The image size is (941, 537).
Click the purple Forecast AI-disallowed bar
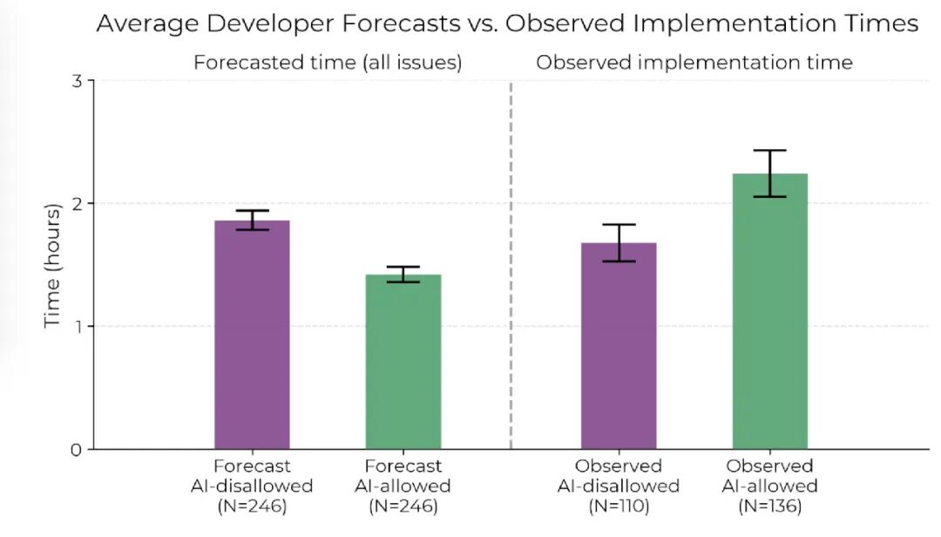tap(252, 335)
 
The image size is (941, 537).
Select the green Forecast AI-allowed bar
tap(403, 362)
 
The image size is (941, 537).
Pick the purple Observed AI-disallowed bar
tap(619, 346)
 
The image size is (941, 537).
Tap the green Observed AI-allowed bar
tap(770, 311)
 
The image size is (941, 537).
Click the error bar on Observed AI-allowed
tap(770, 173)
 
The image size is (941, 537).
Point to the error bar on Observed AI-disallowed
tap(619, 242)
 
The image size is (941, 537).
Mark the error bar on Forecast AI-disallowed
tap(252, 220)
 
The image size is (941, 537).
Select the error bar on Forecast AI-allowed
tap(403, 274)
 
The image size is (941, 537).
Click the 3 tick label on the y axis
tap(76, 80)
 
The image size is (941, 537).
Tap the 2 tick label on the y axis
tap(76, 204)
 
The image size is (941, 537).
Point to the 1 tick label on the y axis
tap(78, 327)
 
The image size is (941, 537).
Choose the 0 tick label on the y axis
tap(76, 450)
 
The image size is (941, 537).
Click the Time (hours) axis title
tap(53, 266)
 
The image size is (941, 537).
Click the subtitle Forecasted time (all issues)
tap(328, 63)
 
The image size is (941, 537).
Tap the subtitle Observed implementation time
tap(694, 63)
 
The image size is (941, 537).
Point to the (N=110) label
tap(619, 506)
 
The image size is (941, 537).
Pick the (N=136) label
tap(770, 506)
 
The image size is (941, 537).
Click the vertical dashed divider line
tap(511, 265)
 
